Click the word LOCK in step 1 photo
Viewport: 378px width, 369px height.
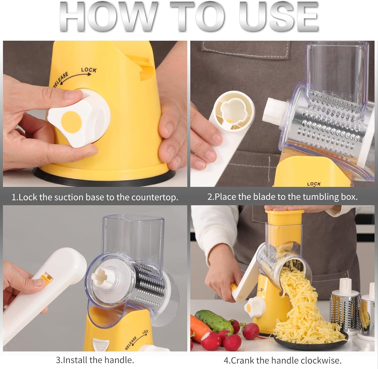point(89,70)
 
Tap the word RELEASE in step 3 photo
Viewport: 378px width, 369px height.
point(131,343)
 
